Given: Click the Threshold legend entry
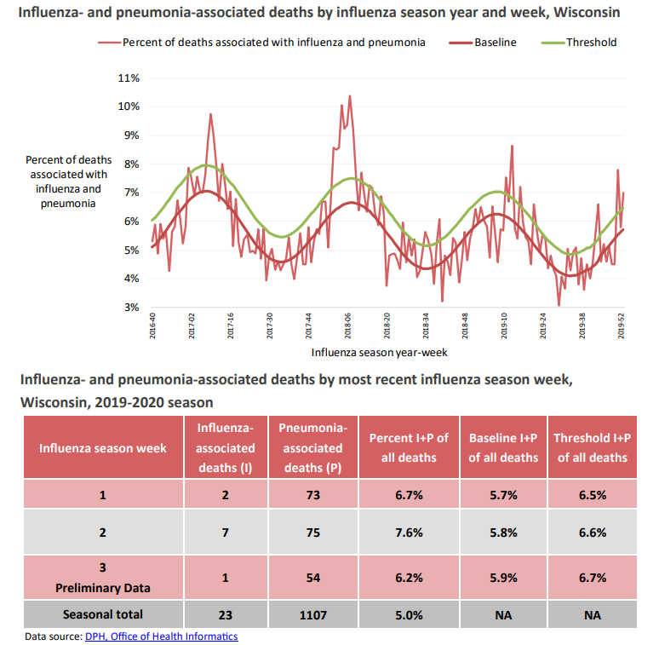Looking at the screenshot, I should tap(591, 42).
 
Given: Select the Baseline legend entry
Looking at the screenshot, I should tap(495, 42).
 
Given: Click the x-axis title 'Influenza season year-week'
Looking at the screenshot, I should tap(379, 351).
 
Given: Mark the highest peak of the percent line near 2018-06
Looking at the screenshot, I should tap(349, 96).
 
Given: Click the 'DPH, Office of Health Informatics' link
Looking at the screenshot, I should tap(161, 636).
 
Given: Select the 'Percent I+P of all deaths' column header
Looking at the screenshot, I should tap(408, 447).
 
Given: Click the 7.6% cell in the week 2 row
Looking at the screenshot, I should tap(408, 533).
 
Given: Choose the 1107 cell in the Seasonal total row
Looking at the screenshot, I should tap(312, 614).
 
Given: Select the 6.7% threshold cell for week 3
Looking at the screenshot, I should tap(592, 577).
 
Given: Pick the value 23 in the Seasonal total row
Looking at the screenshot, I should tap(226, 614).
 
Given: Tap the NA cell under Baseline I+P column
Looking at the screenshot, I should tap(503, 614).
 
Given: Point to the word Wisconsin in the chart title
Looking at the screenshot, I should tap(585, 14).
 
